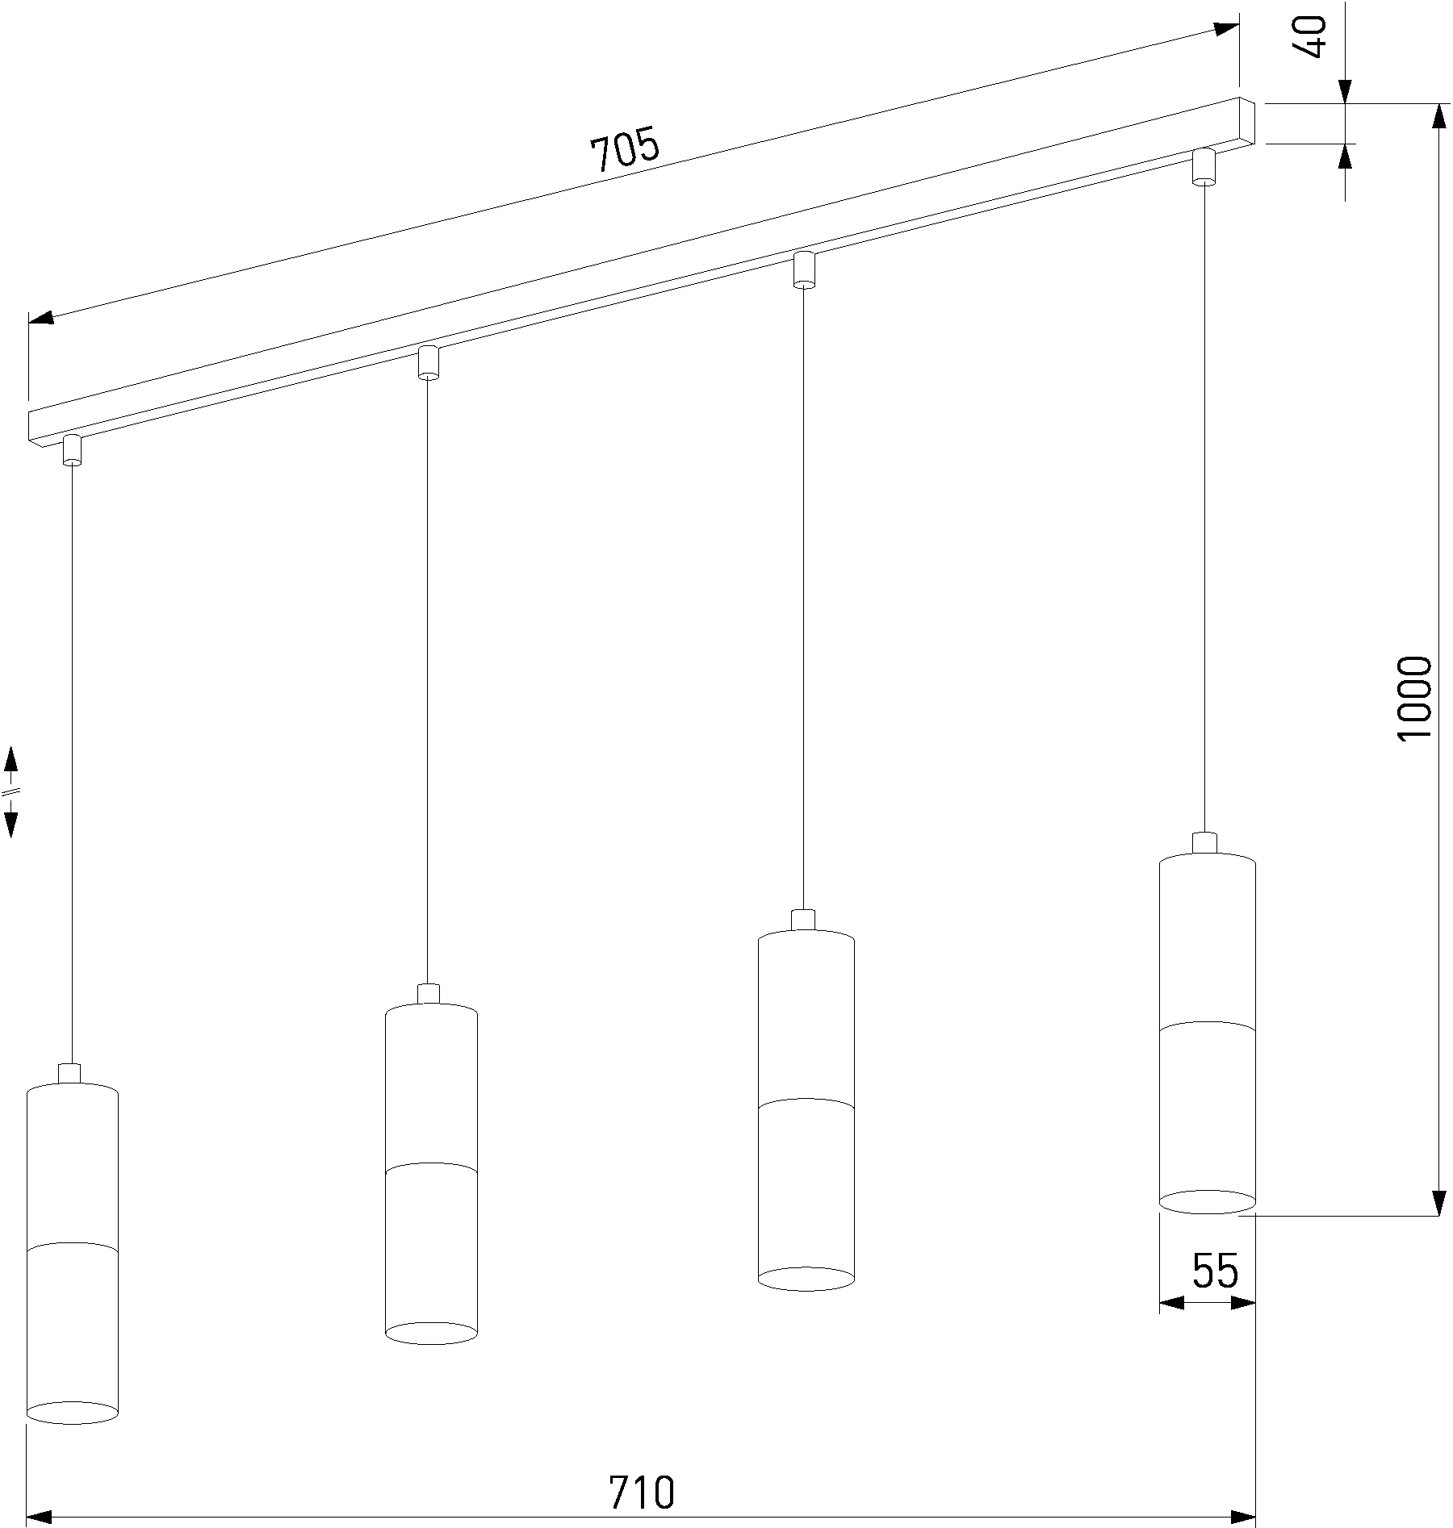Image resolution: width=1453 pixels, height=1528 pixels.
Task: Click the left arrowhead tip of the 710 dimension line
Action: (28, 1517)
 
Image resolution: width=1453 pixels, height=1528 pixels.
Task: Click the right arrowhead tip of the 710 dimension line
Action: (1255, 1517)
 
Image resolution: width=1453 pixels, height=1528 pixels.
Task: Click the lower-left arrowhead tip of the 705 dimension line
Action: (29, 321)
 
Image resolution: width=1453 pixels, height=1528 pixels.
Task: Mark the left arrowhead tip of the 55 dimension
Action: (1160, 1302)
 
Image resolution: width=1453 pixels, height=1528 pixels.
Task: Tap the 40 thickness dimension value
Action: (1309, 37)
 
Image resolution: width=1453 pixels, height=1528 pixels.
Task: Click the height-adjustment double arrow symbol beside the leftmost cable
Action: (11, 791)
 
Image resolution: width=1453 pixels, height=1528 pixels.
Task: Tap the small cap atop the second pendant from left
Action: (429, 994)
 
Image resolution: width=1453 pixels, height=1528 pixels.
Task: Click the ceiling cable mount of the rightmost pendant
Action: (1204, 166)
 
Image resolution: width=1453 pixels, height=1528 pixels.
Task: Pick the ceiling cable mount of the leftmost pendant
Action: (73, 450)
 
